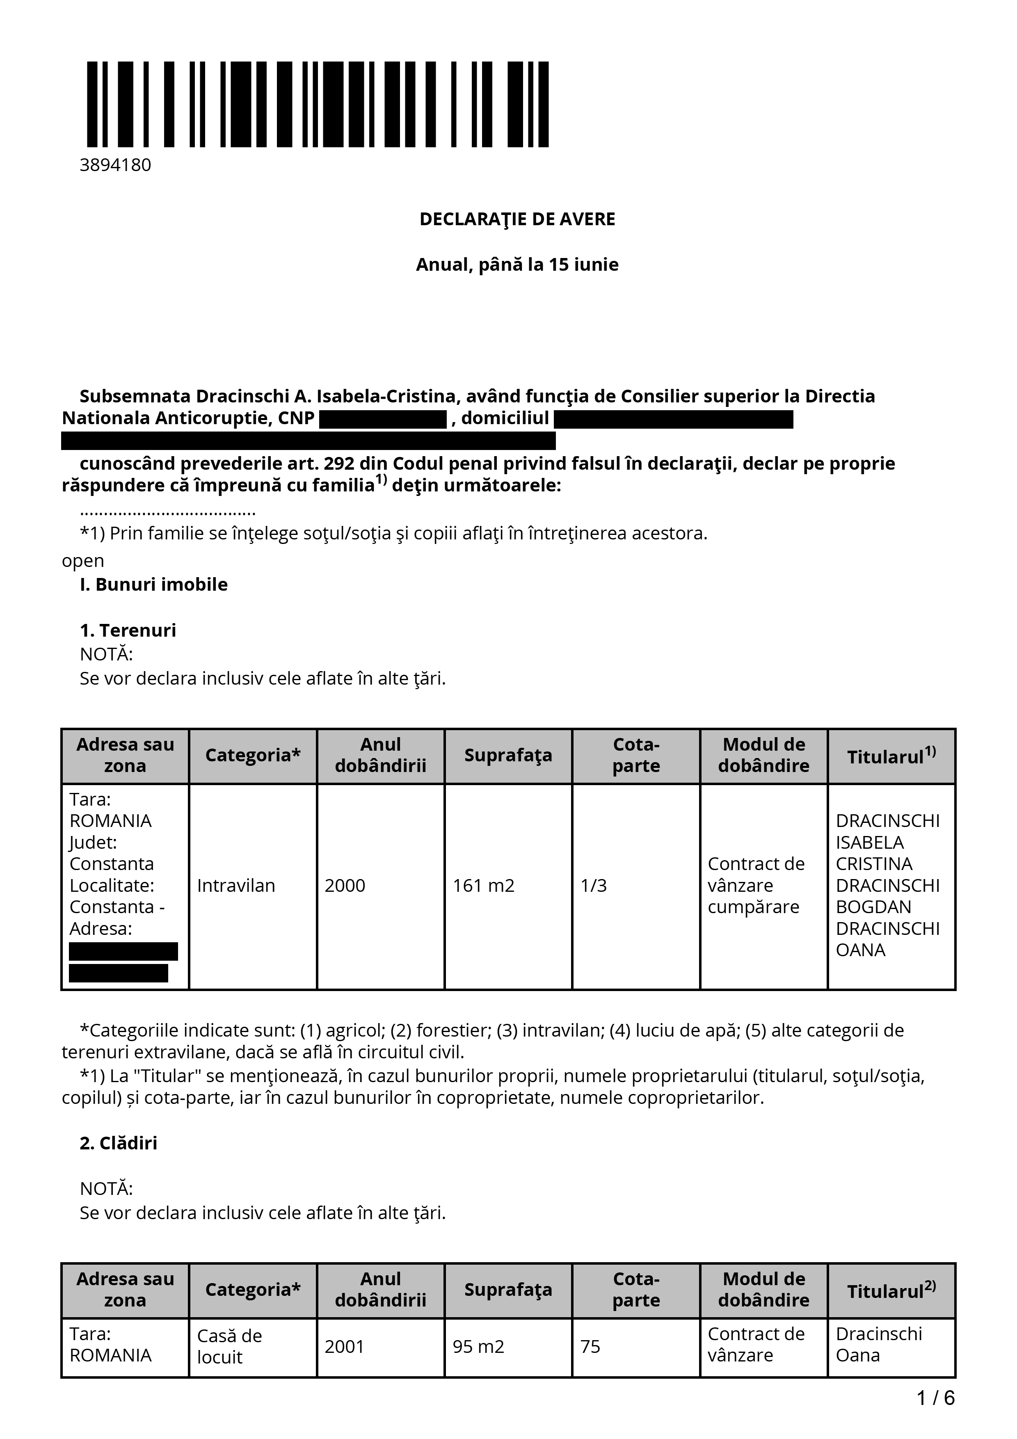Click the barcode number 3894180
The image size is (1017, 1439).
point(115,165)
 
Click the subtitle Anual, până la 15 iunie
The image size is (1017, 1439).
point(517,265)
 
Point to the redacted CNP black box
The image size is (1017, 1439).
point(382,419)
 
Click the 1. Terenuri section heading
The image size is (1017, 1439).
point(128,630)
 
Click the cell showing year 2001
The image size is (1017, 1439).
point(345,1346)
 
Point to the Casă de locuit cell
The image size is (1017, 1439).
point(229,1346)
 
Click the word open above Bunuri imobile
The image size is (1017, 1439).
point(83,560)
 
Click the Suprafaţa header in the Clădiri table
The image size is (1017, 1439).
point(507,1289)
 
